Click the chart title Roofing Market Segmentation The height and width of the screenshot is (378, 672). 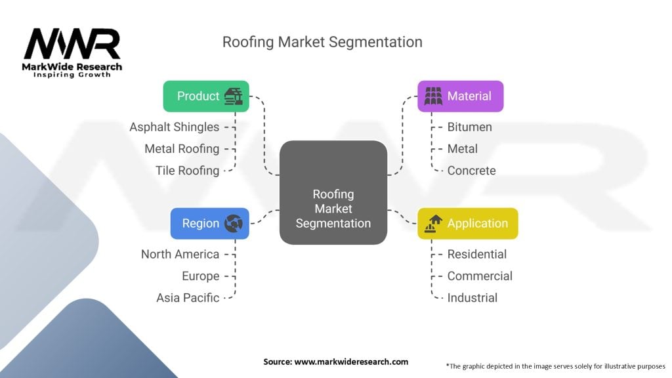click(322, 42)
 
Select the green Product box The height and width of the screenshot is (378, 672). click(206, 96)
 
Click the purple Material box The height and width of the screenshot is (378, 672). click(460, 96)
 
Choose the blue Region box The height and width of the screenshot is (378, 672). click(209, 223)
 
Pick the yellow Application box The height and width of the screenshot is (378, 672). click(467, 223)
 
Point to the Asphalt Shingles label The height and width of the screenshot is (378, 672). click(175, 127)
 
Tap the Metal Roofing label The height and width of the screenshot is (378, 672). click(182, 149)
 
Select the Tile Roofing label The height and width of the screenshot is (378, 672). click(187, 171)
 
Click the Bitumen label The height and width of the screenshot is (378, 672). click(469, 127)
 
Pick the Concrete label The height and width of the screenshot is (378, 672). click(471, 171)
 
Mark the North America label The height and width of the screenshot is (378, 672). click(180, 254)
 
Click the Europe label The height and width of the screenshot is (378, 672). click(200, 276)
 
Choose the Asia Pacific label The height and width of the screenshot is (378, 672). click(188, 297)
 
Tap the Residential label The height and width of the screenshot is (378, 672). click(477, 254)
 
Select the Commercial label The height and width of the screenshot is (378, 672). click(480, 276)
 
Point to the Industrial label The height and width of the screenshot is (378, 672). click(472, 297)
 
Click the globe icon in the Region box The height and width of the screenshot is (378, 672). click(233, 223)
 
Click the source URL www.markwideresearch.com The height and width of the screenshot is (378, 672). click(352, 362)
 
